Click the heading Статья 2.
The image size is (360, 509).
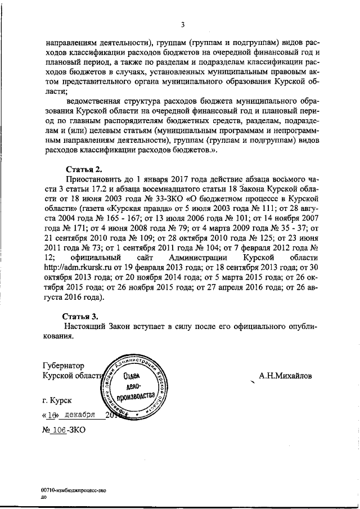[84, 169]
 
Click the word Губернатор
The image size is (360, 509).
[66, 365]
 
